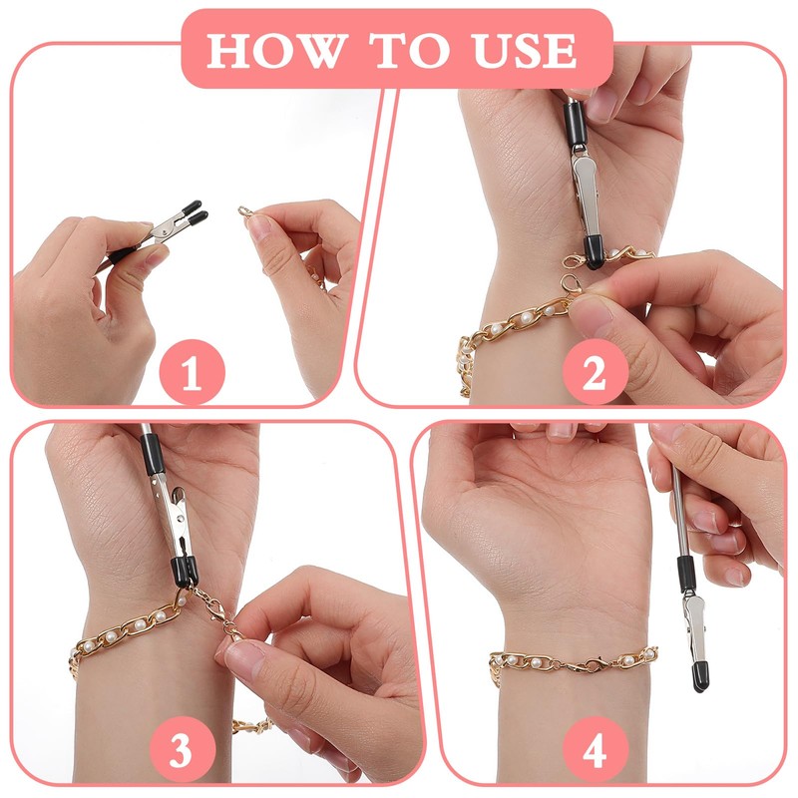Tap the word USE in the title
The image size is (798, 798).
525,51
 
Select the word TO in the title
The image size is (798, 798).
410,51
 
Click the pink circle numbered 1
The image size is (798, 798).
192,372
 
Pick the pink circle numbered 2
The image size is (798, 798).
595,372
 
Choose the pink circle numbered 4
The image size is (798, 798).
595,749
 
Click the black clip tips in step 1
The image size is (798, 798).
195,212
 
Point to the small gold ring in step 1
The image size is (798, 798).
245,210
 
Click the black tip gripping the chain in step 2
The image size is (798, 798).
594,252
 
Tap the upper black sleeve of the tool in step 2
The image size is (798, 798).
576,123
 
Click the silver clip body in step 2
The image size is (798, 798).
585,194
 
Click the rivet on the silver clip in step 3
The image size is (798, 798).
180,518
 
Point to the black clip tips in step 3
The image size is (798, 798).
184,570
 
